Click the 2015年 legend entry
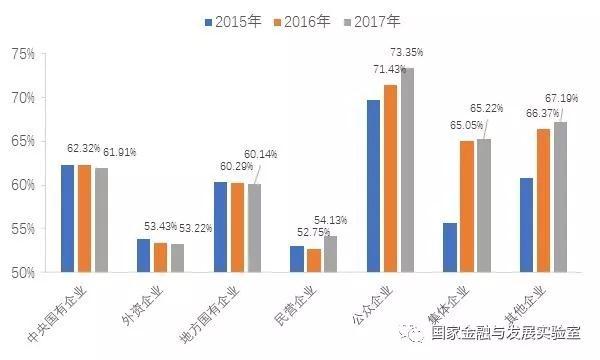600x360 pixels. pyautogui.click(x=231, y=20)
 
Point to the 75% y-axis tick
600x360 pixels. pyautogui.click(x=24, y=53)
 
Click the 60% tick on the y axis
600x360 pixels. pyautogui.click(x=24, y=185)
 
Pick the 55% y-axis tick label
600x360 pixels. pyautogui.click(x=24, y=229)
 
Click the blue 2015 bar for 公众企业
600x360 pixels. pyautogui.click(x=373, y=186)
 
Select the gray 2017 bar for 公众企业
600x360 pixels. pyautogui.click(x=407, y=170)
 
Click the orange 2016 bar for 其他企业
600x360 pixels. pyautogui.click(x=542, y=200)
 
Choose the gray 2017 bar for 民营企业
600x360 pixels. pyautogui.click(x=330, y=254)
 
